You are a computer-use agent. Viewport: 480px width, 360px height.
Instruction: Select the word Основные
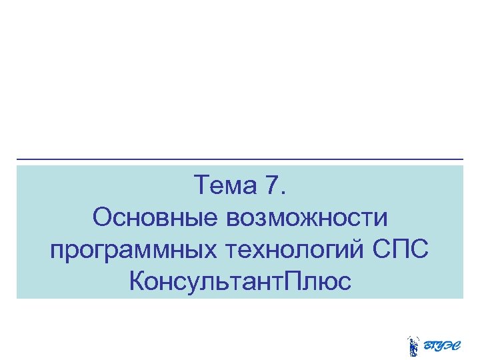[x=155, y=217]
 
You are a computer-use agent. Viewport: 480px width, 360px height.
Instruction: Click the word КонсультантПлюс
[x=240, y=281]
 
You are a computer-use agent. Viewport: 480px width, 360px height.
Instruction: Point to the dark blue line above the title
[x=240, y=159]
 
